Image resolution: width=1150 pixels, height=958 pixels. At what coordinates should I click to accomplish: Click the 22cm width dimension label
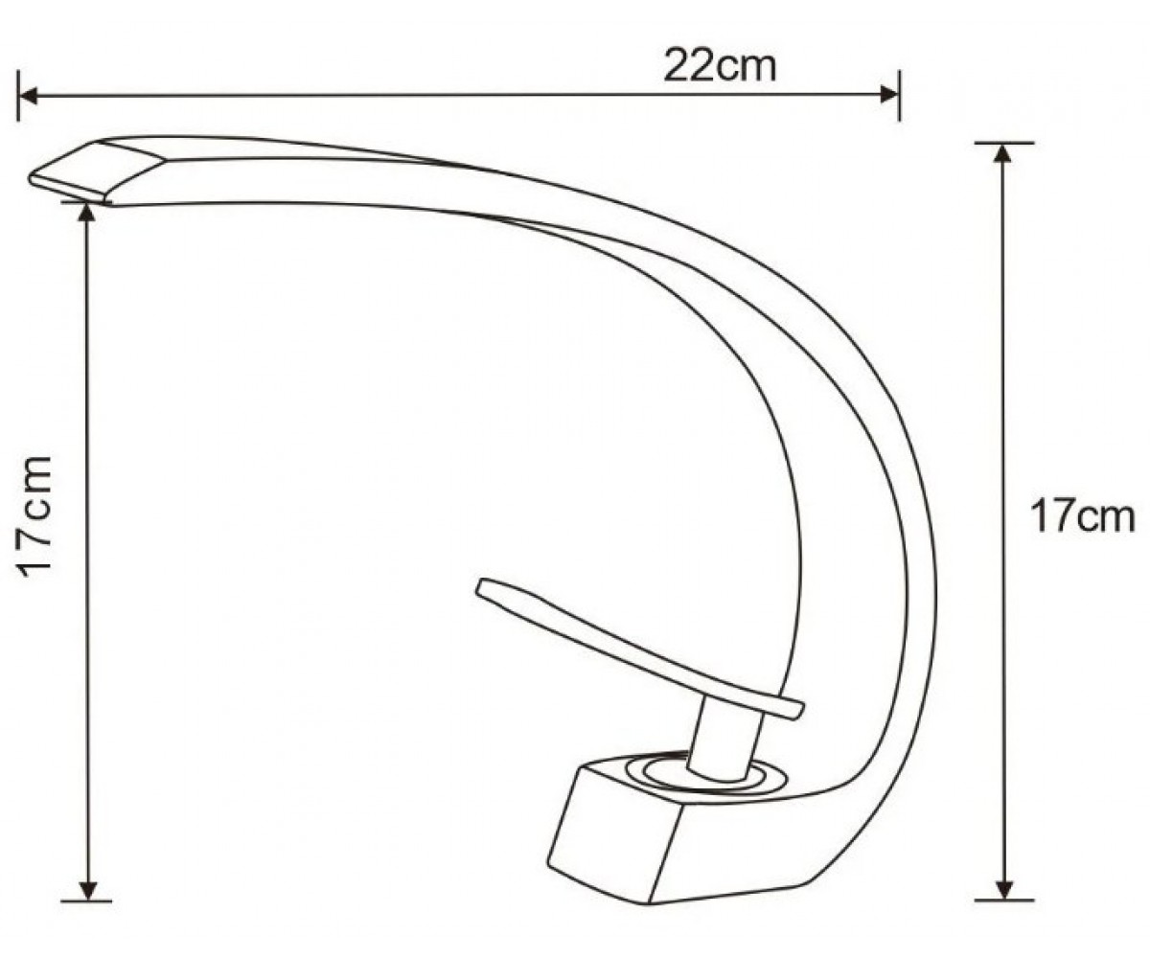[720, 66]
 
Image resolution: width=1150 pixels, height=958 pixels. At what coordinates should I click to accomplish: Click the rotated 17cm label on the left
[34, 516]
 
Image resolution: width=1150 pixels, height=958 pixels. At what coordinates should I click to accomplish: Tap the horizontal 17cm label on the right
[1083, 516]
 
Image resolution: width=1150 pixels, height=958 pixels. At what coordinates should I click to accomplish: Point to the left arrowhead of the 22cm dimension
[28, 95]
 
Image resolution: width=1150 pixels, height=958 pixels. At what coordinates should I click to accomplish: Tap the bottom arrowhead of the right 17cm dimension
[1004, 890]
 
